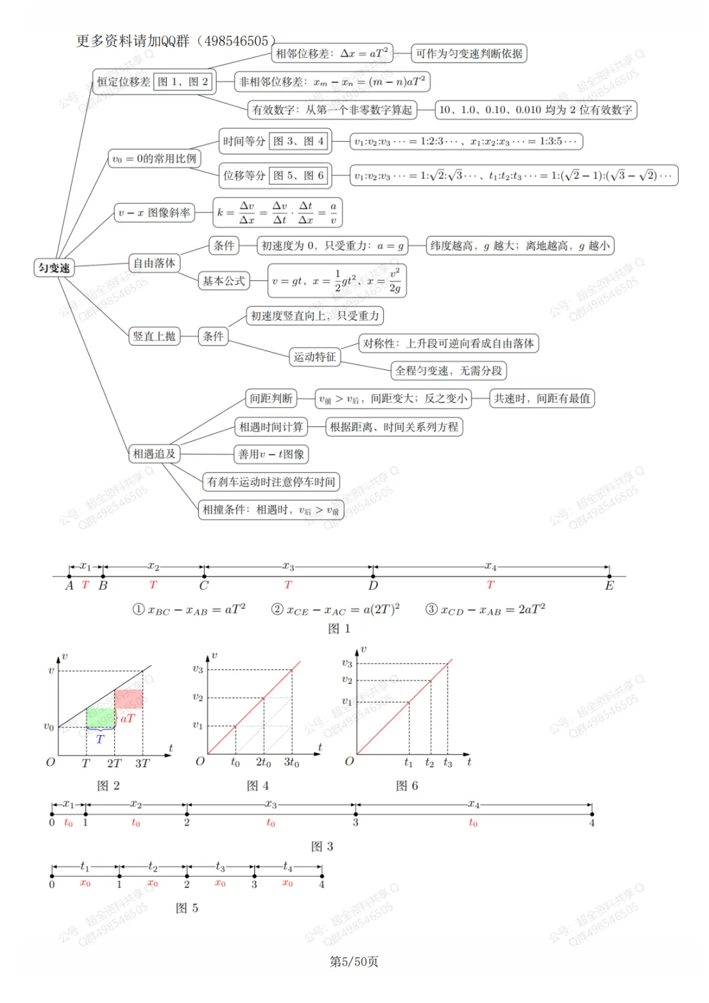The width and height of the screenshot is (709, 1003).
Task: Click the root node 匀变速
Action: pyautogui.click(x=54, y=268)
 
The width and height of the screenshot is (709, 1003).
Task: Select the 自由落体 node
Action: pyautogui.click(x=154, y=263)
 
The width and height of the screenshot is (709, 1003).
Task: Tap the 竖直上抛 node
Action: pyautogui.click(x=154, y=336)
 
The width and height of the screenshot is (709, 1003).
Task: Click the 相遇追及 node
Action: pyautogui.click(x=154, y=454)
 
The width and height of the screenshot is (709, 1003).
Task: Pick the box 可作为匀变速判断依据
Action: pyautogui.click(x=469, y=53)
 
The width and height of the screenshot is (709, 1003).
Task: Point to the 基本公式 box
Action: pyautogui.click(x=224, y=281)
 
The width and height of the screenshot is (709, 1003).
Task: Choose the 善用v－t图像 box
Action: pyautogui.click(x=271, y=454)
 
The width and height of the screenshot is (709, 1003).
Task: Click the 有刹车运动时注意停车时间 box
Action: pyautogui.click(x=271, y=482)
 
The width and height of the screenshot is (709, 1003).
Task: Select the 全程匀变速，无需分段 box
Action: pyautogui.click(x=448, y=371)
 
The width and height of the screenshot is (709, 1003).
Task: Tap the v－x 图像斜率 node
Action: pyautogui.click(x=154, y=213)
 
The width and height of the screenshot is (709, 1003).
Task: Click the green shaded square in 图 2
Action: pyautogui.click(x=100, y=717)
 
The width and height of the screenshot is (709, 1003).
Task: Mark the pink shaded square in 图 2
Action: pyautogui.click(x=129, y=698)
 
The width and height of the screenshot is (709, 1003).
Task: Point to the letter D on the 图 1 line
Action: pyautogui.click(x=373, y=586)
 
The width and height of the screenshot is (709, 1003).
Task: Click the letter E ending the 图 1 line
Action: pyautogui.click(x=609, y=586)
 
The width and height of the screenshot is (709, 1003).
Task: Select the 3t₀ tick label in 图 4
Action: pyautogui.click(x=291, y=763)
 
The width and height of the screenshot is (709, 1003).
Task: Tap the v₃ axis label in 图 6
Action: pyautogui.click(x=347, y=663)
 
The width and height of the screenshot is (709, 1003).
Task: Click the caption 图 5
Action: pyautogui.click(x=187, y=908)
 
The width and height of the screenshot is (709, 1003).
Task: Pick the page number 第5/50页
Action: pyautogui.click(x=354, y=962)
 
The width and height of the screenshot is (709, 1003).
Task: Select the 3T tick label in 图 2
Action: pyautogui.click(x=142, y=763)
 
